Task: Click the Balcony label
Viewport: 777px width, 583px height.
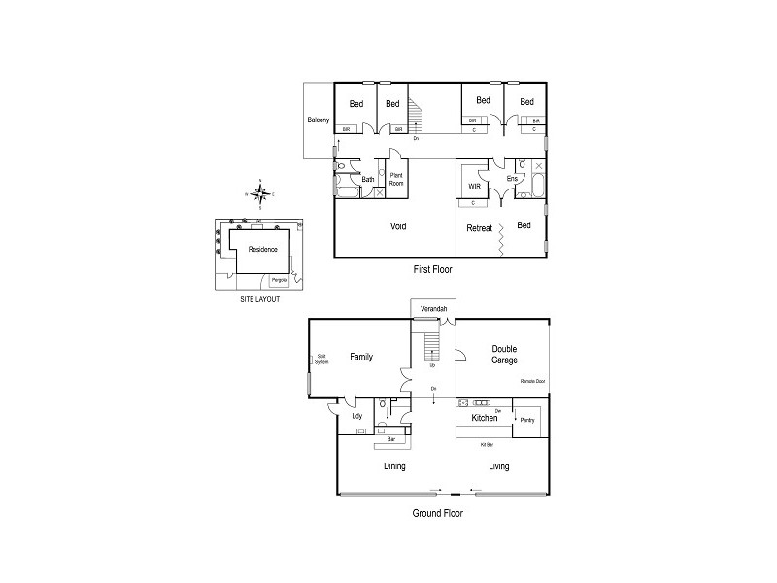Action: [x=319, y=120]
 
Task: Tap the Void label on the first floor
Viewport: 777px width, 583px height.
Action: [x=398, y=226]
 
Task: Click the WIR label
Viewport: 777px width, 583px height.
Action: [x=475, y=186]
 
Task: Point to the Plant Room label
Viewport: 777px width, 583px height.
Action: [x=396, y=179]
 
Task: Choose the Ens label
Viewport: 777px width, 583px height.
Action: [x=512, y=179]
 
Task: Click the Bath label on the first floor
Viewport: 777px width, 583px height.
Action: [x=368, y=179]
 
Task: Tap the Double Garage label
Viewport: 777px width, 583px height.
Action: [x=503, y=354]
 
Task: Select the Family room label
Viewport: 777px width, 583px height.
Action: [x=361, y=358]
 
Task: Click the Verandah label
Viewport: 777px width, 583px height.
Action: [x=433, y=309]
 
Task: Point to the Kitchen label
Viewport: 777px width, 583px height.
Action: [x=485, y=419]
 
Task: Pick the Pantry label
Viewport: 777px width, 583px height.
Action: [x=527, y=420]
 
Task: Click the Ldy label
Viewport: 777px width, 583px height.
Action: [x=356, y=418]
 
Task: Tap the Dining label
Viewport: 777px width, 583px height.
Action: [x=393, y=466]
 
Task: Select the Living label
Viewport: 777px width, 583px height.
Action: [x=498, y=466]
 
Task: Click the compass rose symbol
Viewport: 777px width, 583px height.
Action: [x=259, y=193]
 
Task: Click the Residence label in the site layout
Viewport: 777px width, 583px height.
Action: [x=262, y=249]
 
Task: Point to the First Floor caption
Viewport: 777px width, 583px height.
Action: [x=432, y=269]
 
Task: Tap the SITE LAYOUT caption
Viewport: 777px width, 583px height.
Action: [x=259, y=299]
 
